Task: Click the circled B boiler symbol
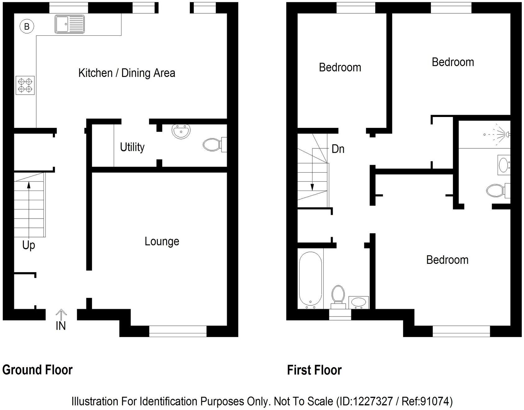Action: pyautogui.click(x=27, y=26)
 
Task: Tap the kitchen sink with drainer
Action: pyautogui.click(x=70, y=24)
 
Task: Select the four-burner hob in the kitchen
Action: pyautogui.click(x=25, y=85)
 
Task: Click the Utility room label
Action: pyautogui.click(x=132, y=147)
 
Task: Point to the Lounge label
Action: pyautogui.click(x=162, y=241)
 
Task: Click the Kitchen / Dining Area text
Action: pyautogui.click(x=127, y=73)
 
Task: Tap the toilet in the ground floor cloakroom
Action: pyautogui.click(x=213, y=145)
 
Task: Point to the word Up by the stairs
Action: pyautogui.click(x=29, y=245)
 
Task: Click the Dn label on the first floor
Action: pyautogui.click(x=338, y=149)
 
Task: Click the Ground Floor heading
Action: pyautogui.click(x=37, y=370)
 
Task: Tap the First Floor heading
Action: pyautogui.click(x=314, y=370)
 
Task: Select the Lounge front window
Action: pyautogui.click(x=178, y=331)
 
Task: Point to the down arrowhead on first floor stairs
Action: pyautogui.click(x=312, y=187)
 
